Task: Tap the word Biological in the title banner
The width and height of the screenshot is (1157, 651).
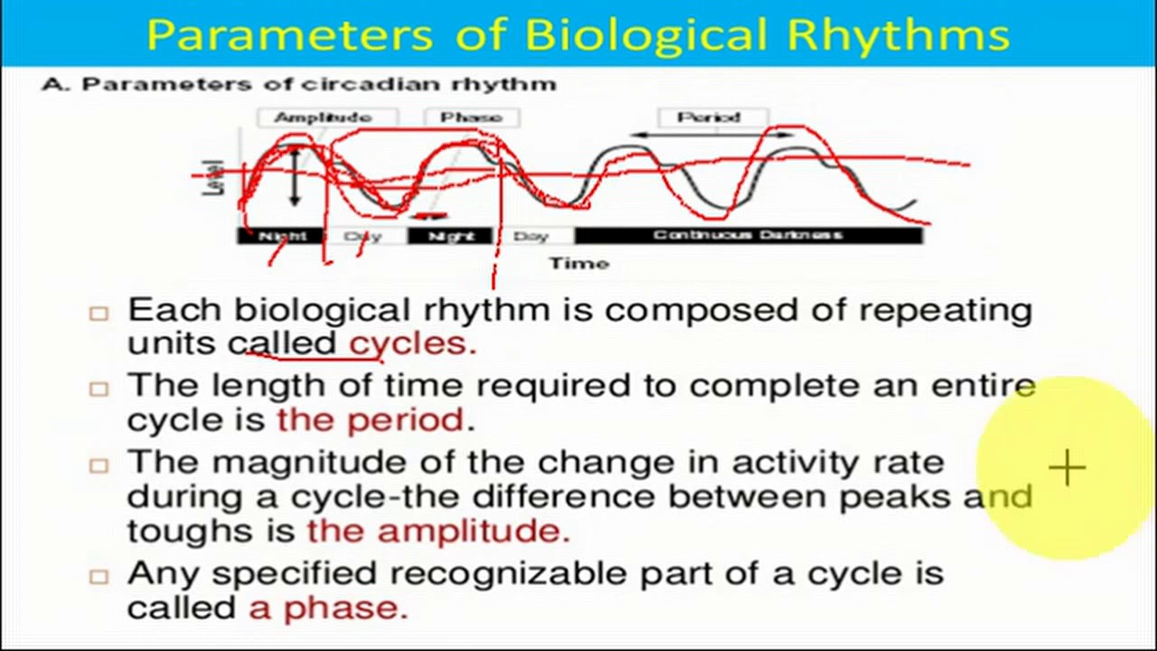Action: click(x=648, y=34)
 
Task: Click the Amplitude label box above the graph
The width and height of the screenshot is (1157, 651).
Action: click(x=324, y=118)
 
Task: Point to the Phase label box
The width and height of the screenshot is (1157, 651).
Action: click(x=471, y=118)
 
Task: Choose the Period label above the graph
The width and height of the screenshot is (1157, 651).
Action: click(x=710, y=118)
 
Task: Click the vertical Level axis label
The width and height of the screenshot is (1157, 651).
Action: click(x=215, y=178)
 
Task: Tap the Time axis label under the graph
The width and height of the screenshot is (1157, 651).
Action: click(x=578, y=263)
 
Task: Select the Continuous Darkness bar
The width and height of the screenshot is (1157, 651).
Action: click(x=748, y=235)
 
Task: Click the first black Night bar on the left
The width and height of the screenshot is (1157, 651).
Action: click(x=282, y=236)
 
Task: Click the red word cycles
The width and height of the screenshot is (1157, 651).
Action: click(x=412, y=344)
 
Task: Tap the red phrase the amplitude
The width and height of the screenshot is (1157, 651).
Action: click(x=438, y=531)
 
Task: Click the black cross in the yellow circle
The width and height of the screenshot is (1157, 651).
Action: click(x=1068, y=468)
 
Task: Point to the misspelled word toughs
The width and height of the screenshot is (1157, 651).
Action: click(x=181, y=531)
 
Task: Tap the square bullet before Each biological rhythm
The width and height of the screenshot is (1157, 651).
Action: click(x=99, y=313)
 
